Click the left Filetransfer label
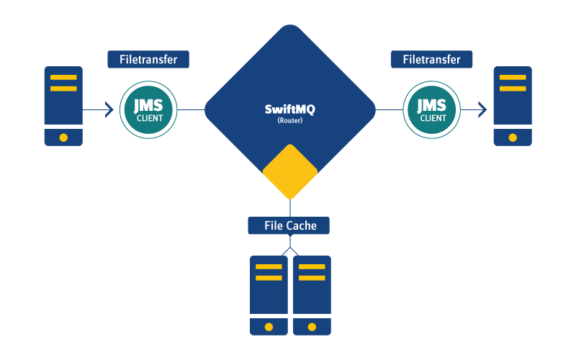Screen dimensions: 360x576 click(x=148, y=59)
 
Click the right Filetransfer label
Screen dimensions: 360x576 click(x=431, y=59)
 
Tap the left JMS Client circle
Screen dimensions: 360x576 click(x=148, y=109)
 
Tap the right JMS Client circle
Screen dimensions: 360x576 click(x=431, y=109)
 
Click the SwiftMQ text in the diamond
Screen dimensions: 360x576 click(x=289, y=109)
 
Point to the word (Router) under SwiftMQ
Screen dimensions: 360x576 click(x=289, y=121)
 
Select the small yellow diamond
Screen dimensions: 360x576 click(x=290, y=172)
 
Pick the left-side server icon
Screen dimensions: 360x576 click(x=63, y=106)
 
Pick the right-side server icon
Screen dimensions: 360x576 click(x=513, y=106)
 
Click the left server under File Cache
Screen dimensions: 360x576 click(x=269, y=295)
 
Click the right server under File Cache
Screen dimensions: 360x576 click(x=312, y=295)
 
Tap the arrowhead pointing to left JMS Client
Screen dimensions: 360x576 click(x=109, y=109)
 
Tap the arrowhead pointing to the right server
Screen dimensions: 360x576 click(x=482, y=109)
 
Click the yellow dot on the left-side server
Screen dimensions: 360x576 click(x=63, y=138)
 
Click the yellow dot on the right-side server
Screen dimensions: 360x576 click(x=513, y=138)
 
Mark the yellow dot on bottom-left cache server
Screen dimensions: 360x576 click(x=269, y=327)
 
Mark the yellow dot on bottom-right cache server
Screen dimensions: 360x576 click(x=312, y=327)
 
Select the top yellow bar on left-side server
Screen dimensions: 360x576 click(x=63, y=77)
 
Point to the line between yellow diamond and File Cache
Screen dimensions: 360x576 click(x=290, y=209)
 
